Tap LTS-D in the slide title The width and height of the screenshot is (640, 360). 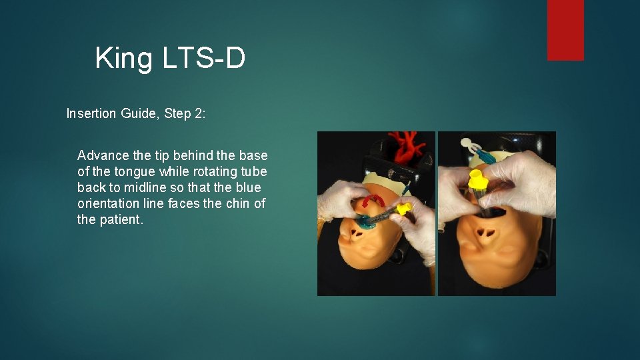[x=204, y=59]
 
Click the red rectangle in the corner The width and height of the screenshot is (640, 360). [x=565, y=29]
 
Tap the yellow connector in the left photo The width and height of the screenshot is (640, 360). [x=403, y=209]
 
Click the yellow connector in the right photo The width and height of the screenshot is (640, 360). [x=477, y=179]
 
